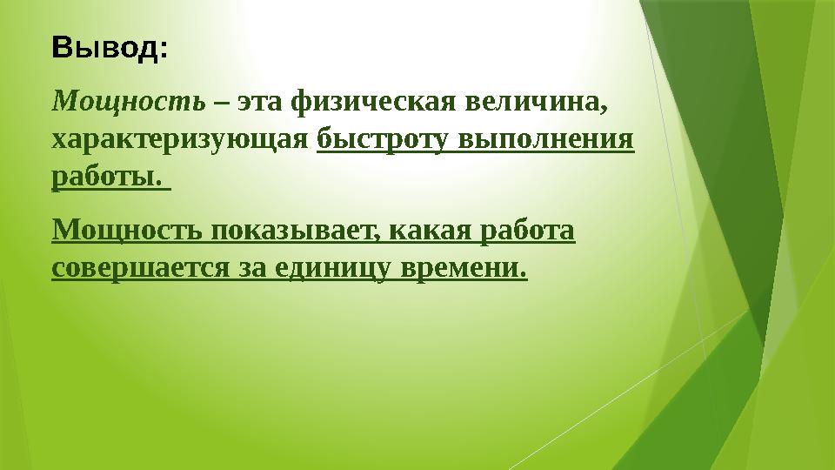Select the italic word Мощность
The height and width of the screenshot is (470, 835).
[129, 102]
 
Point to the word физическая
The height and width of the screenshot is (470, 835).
[366, 103]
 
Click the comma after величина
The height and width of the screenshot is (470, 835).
[604, 108]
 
